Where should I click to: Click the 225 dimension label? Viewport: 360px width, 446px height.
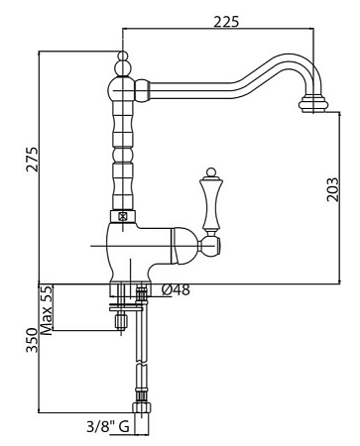coord(226,22)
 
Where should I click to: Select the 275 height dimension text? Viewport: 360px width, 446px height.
coord(33,159)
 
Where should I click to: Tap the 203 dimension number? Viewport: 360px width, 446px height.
coord(333,189)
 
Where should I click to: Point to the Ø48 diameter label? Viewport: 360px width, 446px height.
coord(176,289)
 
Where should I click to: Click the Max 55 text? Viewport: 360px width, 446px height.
coord(47,310)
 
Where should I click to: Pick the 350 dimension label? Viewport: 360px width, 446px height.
coord(33,340)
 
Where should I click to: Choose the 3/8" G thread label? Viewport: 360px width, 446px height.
coord(108,427)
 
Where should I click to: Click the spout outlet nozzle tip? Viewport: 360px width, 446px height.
coord(313,104)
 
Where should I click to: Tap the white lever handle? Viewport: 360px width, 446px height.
coord(211,203)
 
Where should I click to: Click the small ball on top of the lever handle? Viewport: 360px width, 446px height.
coord(211,172)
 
